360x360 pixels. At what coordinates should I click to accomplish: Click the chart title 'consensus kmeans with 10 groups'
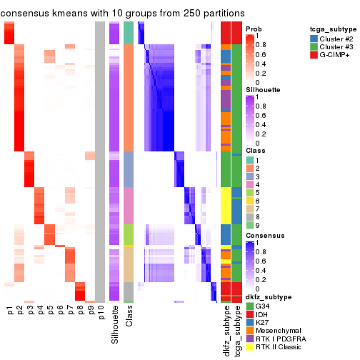pos(123,13)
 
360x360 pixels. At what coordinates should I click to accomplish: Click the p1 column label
pos(9,311)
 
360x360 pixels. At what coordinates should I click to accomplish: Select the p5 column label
pos(50,311)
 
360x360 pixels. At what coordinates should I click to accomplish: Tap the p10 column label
pos(101,313)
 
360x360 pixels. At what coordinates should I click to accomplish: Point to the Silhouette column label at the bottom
pos(114,325)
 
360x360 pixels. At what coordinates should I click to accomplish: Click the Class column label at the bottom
pos(129,317)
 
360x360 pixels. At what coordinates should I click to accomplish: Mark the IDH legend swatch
pos(250,312)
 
